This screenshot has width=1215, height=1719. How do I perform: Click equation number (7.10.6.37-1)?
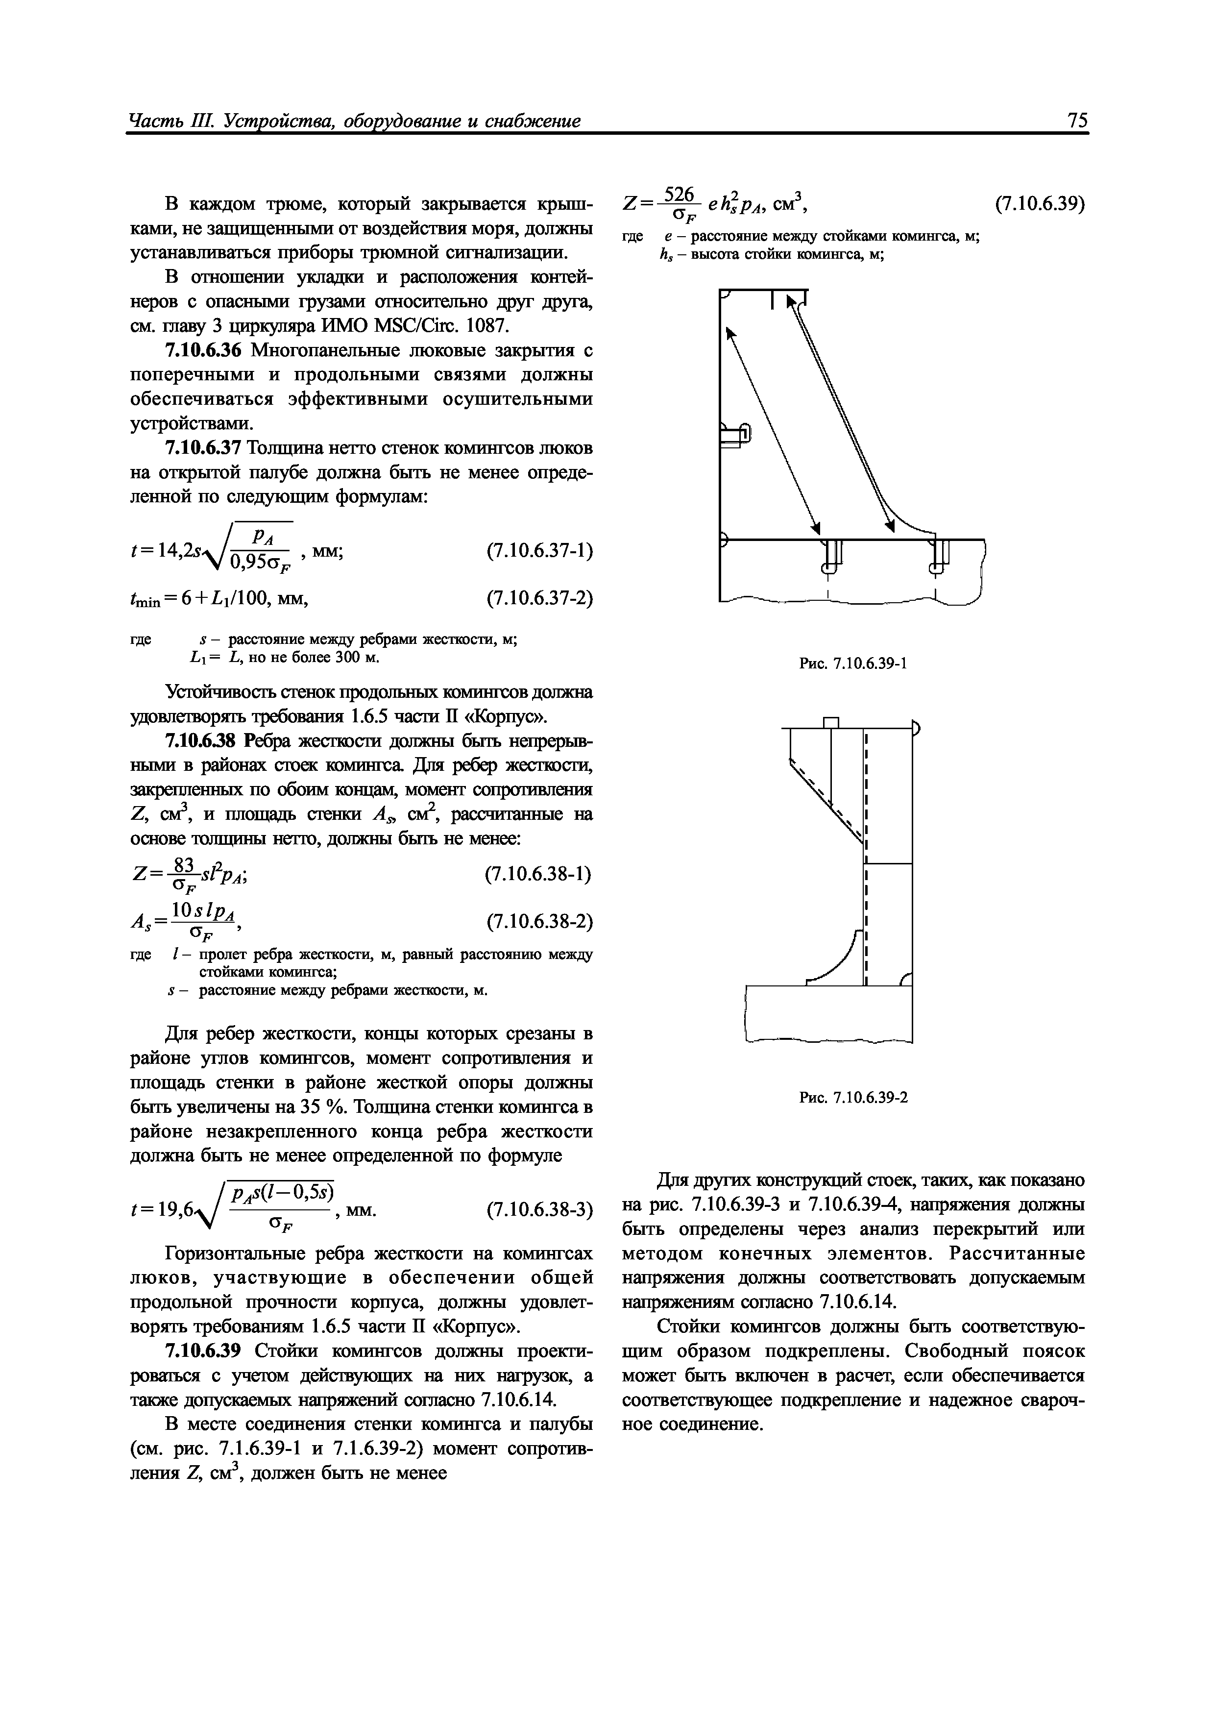[539, 551]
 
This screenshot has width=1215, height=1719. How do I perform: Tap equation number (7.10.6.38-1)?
[539, 874]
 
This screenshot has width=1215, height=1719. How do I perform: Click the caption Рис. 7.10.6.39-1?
[853, 663]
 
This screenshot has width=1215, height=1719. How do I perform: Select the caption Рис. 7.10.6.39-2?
[853, 1098]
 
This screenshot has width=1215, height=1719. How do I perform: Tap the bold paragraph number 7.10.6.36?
[204, 350]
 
